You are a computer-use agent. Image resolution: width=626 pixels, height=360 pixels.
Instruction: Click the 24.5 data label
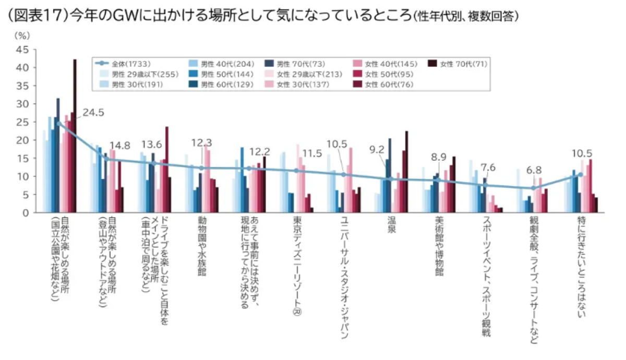pos(93,113)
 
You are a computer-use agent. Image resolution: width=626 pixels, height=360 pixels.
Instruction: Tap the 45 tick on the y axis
pos(22,50)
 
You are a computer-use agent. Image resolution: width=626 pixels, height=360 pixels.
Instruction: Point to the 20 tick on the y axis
pos(22,140)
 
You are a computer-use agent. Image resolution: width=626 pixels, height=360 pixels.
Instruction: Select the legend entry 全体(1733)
pos(123,64)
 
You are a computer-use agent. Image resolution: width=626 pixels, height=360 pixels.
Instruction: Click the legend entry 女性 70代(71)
pos(458,64)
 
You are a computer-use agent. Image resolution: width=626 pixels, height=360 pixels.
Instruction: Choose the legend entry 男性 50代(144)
pos(222,74)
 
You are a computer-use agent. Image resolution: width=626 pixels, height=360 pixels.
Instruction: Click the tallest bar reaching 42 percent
pos(75,136)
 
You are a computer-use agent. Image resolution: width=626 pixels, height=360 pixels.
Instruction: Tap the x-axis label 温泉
pos(391,225)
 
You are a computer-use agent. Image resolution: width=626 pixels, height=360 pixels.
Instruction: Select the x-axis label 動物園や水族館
pos(202,246)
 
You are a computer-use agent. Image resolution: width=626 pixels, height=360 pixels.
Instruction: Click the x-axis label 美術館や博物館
pos(439,246)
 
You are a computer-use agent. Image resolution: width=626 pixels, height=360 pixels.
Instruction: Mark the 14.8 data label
pos(119,146)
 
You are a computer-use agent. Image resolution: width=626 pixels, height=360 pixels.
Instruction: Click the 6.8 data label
pos(534,170)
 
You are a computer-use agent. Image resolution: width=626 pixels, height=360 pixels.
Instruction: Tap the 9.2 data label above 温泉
pos(377,150)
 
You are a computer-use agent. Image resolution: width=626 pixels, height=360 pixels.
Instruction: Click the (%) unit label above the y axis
pos(22,36)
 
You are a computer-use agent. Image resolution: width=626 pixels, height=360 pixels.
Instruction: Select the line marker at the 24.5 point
pos(59,124)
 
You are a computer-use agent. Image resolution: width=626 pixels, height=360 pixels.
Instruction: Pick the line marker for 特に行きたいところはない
pos(581,174)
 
